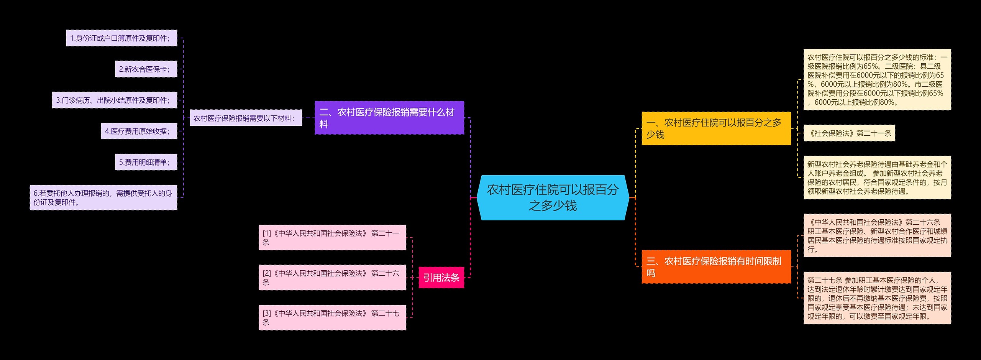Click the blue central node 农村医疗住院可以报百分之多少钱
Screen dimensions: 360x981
click(553, 197)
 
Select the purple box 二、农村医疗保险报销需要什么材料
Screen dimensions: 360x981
click(389, 118)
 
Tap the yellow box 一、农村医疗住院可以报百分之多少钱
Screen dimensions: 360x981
click(716, 128)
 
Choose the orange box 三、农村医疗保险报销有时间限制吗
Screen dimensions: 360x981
click(716, 267)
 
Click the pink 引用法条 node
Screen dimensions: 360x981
click(441, 278)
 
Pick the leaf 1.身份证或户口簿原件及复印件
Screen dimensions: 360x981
click(121, 38)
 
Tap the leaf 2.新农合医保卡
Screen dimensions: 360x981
click(146, 69)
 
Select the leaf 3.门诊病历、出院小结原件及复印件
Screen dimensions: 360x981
click(114, 100)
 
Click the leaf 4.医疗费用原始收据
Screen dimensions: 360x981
click(139, 131)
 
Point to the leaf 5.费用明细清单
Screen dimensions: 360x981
click(146, 162)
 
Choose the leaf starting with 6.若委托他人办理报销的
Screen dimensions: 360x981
click(103, 197)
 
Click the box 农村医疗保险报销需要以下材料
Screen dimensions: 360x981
click(246, 118)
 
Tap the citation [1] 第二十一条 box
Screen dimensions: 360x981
click(332, 238)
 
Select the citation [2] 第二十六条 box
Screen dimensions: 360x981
click(332, 278)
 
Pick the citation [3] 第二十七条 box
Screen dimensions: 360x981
click(332, 317)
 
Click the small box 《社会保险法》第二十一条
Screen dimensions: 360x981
click(849, 133)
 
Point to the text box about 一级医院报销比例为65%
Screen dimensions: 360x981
click(877, 80)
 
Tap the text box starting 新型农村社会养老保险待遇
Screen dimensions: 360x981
click(877, 178)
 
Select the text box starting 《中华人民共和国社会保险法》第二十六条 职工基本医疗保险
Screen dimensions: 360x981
click(877, 235)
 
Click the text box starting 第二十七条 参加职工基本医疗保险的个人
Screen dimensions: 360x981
click(877, 298)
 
